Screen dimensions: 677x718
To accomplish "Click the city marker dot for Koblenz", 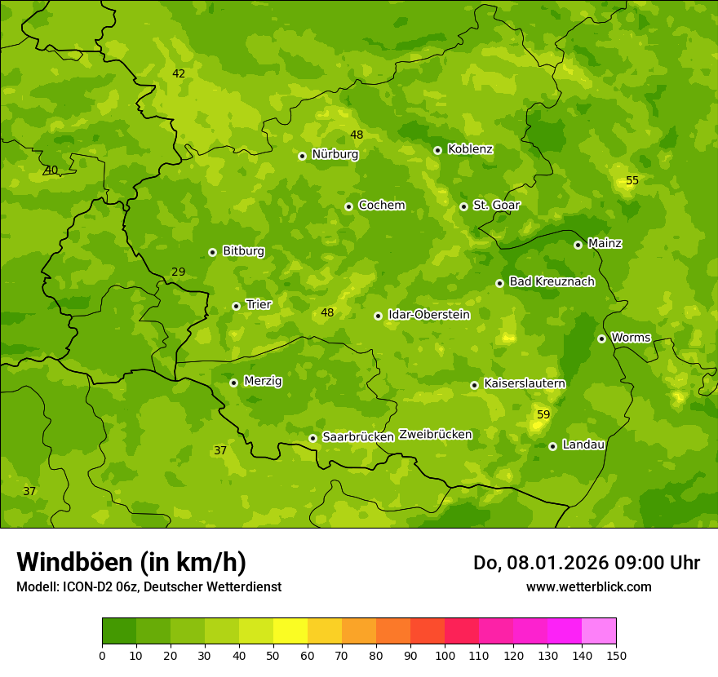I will click(437, 150).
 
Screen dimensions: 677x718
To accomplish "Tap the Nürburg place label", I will click(335, 154).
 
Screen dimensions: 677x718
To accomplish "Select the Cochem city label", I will click(381, 205).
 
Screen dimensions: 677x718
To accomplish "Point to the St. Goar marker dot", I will click(463, 206).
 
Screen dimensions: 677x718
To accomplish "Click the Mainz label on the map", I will click(605, 243).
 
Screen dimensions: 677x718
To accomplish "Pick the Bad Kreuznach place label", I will click(552, 281).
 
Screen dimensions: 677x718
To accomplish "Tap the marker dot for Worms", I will click(601, 338).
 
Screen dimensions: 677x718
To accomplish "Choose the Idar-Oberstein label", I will click(428, 314).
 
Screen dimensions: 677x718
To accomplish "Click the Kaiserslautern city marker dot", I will click(474, 385).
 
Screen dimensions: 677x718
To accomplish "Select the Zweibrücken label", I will click(435, 434).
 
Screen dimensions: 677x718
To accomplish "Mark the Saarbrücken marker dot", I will click(312, 438).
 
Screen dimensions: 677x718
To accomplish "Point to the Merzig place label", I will click(263, 381).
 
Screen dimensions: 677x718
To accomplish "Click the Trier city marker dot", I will click(236, 306).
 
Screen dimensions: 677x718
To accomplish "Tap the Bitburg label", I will click(243, 250).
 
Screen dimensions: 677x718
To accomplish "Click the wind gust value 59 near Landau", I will click(543, 414).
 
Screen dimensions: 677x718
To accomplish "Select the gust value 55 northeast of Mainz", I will click(632, 180).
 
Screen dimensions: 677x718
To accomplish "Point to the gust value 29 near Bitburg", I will click(179, 272).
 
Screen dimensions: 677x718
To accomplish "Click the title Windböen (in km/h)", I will click(131, 562).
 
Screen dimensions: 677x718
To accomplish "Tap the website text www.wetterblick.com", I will click(588, 586).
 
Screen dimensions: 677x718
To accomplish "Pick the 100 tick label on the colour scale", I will click(445, 655).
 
